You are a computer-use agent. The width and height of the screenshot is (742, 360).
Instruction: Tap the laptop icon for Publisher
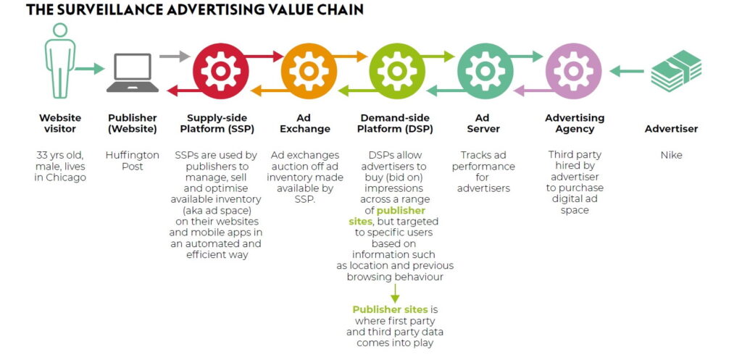point(133,73)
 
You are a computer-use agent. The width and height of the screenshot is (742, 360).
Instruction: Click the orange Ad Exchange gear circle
point(309,71)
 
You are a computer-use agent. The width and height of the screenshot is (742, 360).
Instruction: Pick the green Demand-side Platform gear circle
point(397,71)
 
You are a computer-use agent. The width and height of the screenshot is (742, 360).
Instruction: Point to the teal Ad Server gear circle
point(485,71)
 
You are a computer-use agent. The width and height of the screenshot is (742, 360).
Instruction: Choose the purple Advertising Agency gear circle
point(573,71)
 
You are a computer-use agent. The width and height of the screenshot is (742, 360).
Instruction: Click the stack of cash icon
point(675,71)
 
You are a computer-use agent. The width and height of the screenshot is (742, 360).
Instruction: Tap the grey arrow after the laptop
point(174,55)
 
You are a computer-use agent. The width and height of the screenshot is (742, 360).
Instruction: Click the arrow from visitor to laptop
point(90,70)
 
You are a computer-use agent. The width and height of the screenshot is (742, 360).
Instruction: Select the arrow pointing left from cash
point(627,71)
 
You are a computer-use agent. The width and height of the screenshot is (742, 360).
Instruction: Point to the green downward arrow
point(396,293)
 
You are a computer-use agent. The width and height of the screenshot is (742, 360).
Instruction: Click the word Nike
point(671,155)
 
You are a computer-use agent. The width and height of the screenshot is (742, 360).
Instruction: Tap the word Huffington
point(133,155)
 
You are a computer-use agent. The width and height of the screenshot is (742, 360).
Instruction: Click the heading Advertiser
point(671,129)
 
